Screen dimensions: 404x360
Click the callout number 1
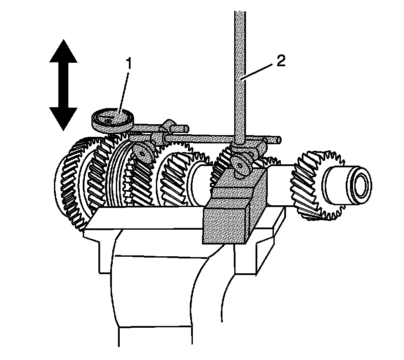128,64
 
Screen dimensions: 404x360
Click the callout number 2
281,61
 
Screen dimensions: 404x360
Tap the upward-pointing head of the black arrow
63,51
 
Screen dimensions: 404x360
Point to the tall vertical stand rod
240,78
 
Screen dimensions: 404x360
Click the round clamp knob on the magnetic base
240,165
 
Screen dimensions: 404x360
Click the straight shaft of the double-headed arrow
63,85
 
